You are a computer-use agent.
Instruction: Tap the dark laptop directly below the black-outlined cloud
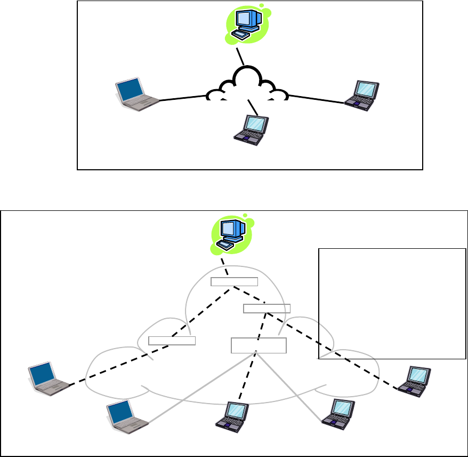point(251,129)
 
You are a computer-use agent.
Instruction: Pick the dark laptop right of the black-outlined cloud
point(361,95)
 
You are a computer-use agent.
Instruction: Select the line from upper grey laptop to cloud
point(182,98)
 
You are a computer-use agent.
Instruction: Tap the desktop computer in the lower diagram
point(230,233)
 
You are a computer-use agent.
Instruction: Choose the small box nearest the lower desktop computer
point(234,282)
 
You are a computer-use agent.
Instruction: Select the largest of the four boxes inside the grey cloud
point(259,345)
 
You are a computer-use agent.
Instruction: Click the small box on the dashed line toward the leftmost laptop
point(172,340)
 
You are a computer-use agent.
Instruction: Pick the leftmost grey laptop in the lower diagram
point(48,378)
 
